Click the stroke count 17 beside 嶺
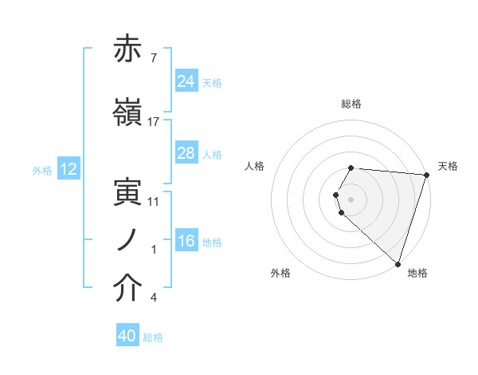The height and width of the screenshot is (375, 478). click(154, 122)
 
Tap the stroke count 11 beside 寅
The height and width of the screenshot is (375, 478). click(154, 202)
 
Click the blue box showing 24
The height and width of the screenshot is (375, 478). click(186, 81)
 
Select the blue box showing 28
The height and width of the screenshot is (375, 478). click(186, 153)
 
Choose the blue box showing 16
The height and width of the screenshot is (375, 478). click(186, 241)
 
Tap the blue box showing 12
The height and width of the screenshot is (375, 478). click(68, 169)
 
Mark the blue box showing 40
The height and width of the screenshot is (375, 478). click(127, 337)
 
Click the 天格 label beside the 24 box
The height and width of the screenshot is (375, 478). click(212, 83)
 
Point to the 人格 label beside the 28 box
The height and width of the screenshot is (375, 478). click(212, 155)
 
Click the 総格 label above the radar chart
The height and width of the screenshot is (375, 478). click(351, 104)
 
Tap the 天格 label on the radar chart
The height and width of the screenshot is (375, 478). click(448, 166)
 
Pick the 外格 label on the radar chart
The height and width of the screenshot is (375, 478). click(280, 273)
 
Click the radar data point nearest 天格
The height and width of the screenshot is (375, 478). click(426, 175)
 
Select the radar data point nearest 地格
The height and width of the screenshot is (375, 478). click(398, 262)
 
